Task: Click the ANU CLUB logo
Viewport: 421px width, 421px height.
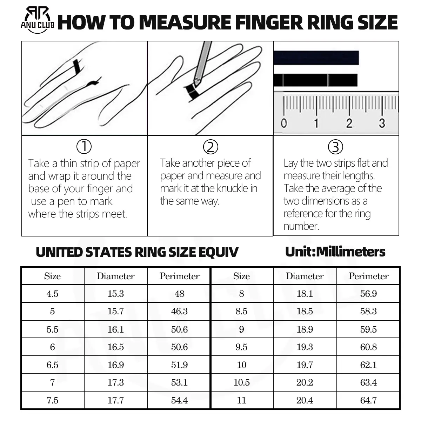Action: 37,20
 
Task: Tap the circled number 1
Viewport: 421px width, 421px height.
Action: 84,147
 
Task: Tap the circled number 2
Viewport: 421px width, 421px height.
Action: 210,147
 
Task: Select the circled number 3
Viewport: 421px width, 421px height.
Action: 336,147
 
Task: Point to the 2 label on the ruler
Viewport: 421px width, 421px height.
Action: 349,123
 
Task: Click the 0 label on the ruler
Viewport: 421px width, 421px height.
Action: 284,123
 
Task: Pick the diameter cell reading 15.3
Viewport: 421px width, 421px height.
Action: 116,294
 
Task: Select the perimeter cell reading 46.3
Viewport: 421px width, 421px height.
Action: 179,311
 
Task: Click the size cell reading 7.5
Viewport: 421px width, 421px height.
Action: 52,400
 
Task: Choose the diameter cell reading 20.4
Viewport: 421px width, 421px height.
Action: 305,400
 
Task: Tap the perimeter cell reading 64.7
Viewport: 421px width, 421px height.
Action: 368,400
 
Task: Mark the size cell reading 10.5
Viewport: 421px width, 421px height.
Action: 242,382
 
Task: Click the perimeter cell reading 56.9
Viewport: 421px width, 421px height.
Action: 368,294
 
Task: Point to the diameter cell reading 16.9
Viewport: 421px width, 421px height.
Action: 116,365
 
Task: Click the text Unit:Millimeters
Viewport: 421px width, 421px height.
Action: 335,252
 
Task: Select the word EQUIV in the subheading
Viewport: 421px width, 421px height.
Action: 218,252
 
